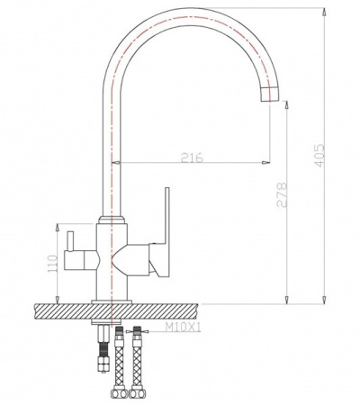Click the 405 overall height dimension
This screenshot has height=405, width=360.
(x=319, y=156)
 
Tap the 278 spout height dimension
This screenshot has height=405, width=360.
(x=282, y=194)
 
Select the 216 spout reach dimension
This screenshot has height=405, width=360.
(x=192, y=157)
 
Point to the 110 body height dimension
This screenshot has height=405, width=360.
(x=52, y=264)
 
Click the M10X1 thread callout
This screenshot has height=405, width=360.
(x=183, y=328)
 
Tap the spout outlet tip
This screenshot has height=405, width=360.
(x=270, y=95)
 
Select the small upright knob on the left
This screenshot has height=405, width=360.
(x=70, y=241)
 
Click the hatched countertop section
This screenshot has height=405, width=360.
(x=116, y=311)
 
